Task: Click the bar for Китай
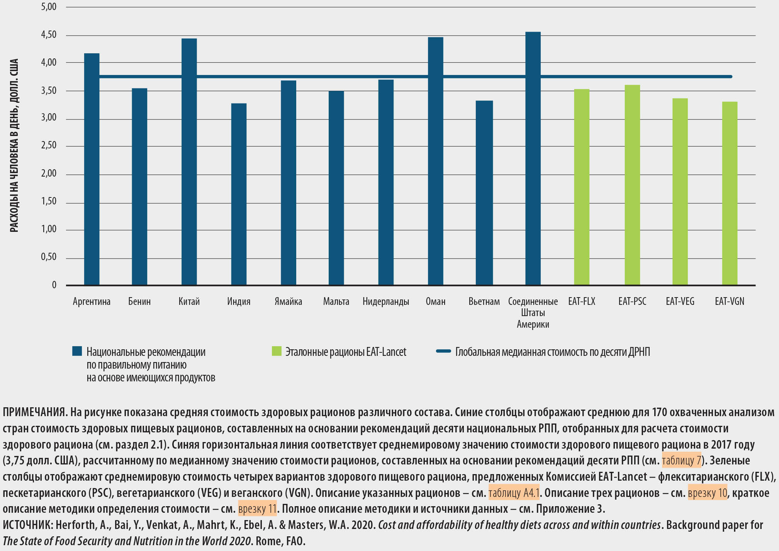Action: [x=189, y=162]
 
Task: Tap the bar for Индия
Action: [x=239, y=194]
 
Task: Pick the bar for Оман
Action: [x=435, y=161]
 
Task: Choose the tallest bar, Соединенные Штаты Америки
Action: [x=533, y=158]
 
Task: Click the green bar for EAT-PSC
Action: [x=632, y=185]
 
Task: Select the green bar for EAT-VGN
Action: [x=730, y=193]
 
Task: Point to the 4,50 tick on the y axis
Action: [x=49, y=35]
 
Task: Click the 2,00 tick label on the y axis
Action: [x=49, y=173]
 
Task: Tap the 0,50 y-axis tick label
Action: [x=49, y=257]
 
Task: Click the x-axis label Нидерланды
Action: [x=385, y=301]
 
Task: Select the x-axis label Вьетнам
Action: [x=484, y=301]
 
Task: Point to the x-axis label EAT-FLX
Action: [x=582, y=301]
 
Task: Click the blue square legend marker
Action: [x=77, y=351]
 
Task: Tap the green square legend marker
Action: [x=277, y=351]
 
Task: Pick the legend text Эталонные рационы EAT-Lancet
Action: [x=346, y=352]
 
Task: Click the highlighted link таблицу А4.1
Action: [x=514, y=493]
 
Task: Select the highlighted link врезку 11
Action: [x=257, y=509]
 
